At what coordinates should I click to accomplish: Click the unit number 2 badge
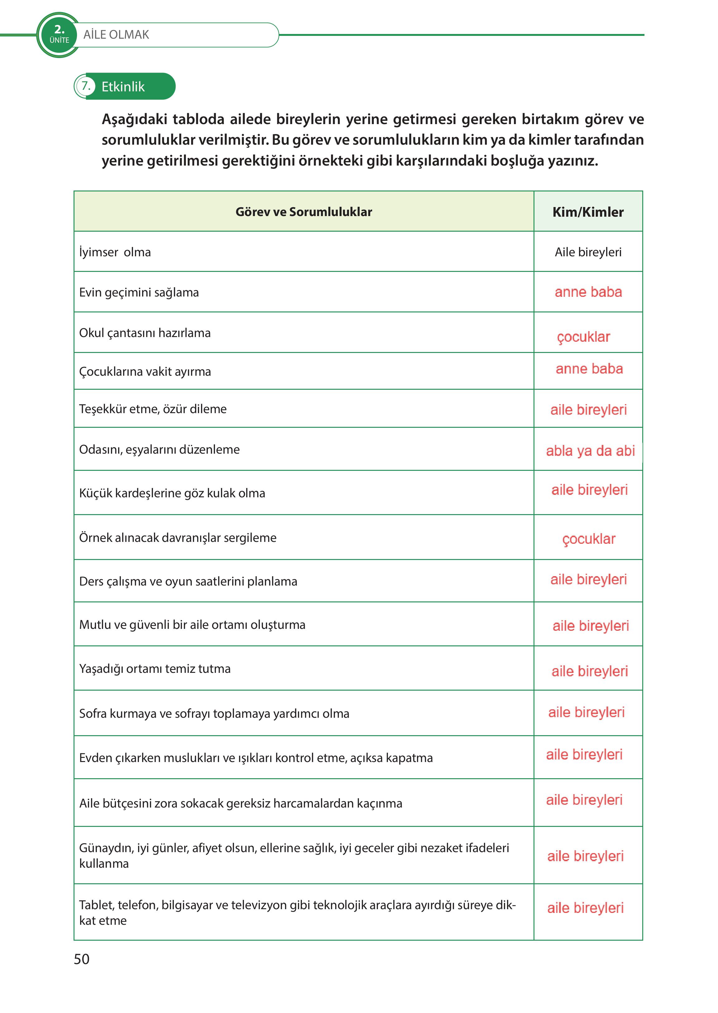(59, 34)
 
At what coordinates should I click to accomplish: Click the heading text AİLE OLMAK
(116, 35)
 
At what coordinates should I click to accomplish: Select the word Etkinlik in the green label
(123, 87)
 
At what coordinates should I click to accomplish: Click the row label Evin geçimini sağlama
(139, 292)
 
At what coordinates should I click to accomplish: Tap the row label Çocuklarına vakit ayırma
(145, 372)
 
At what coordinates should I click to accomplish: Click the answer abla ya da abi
(590, 451)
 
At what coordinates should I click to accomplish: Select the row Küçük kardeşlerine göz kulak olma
(172, 493)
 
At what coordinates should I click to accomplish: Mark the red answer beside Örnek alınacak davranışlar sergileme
(588, 539)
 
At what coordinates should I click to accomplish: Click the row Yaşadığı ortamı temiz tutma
(155, 668)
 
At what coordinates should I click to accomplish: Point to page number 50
(81, 959)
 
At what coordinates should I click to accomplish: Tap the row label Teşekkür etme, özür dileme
(152, 409)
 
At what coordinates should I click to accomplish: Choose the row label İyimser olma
(115, 252)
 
